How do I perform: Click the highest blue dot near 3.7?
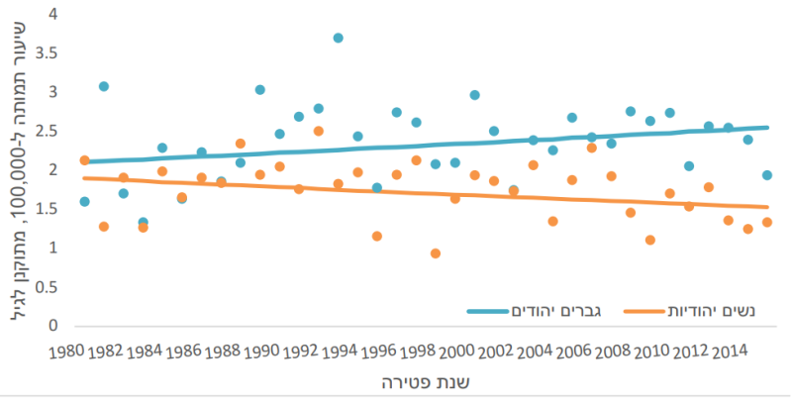tap(339, 38)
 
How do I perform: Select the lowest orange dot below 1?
tap(436, 253)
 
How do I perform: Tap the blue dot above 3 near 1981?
tap(104, 86)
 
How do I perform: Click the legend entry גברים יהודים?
tap(544, 312)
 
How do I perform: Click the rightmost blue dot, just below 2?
tap(767, 175)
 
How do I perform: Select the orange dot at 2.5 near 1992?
tap(319, 131)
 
